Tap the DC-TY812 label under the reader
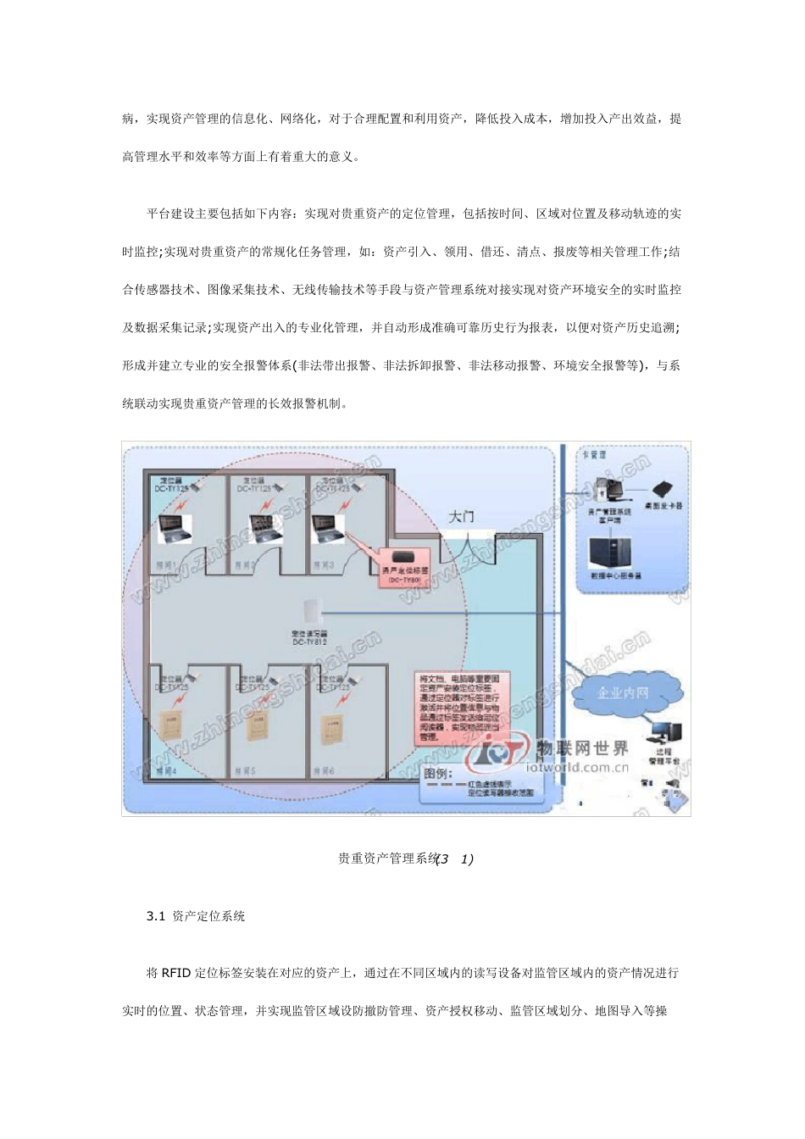coord(309,642)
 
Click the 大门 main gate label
coord(461,516)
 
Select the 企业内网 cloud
coord(622,692)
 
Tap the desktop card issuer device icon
coord(662,489)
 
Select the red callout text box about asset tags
coord(458,708)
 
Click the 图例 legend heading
coord(438,773)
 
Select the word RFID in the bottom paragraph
coord(176,973)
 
